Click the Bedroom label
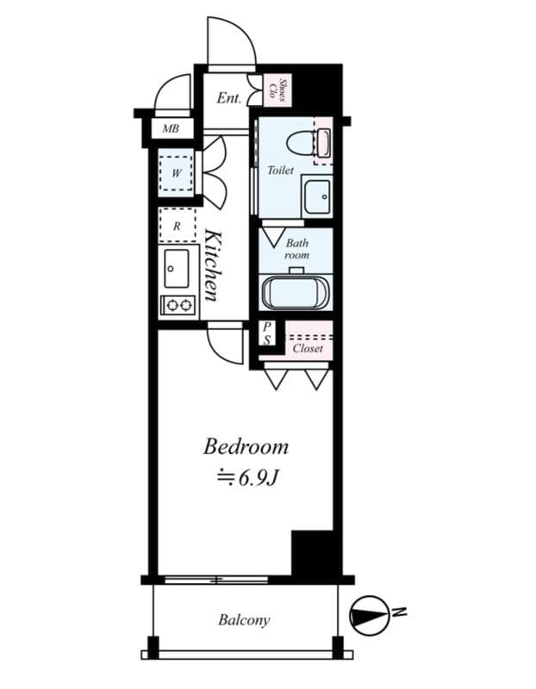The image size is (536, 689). (246, 447)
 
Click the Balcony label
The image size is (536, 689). (244, 620)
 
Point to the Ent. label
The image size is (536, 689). (228, 98)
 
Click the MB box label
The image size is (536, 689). (171, 129)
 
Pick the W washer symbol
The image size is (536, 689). (177, 172)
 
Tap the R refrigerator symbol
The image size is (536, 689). (177, 226)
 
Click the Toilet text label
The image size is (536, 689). (281, 171)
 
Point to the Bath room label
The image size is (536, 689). (297, 249)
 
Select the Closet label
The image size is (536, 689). (308, 349)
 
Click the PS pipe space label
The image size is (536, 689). (267, 333)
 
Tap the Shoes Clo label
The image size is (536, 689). (277, 89)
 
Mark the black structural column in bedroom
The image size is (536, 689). (312, 553)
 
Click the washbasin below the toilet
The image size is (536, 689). (317, 195)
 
